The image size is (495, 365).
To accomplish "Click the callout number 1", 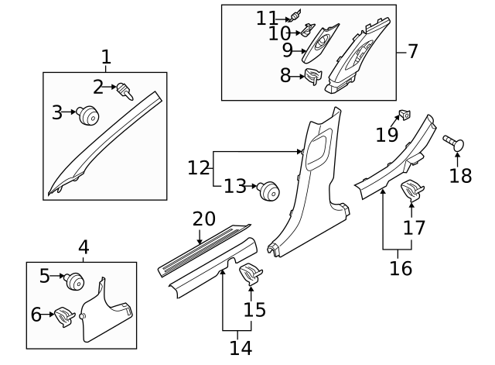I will (x=106, y=57).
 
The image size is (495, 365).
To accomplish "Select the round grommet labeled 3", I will (x=89, y=116).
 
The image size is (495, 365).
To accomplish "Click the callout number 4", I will (x=84, y=247).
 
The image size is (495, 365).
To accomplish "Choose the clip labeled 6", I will (x=64, y=315).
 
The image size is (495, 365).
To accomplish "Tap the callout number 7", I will (x=412, y=52).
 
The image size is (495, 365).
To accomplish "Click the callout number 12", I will (x=199, y=167).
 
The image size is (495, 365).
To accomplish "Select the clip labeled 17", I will (x=410, y=189).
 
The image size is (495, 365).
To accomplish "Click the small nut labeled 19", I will (x=405, y=116).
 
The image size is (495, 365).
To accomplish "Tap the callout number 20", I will (x=203, y=219).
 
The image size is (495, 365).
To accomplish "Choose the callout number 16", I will (x=400, y=268).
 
